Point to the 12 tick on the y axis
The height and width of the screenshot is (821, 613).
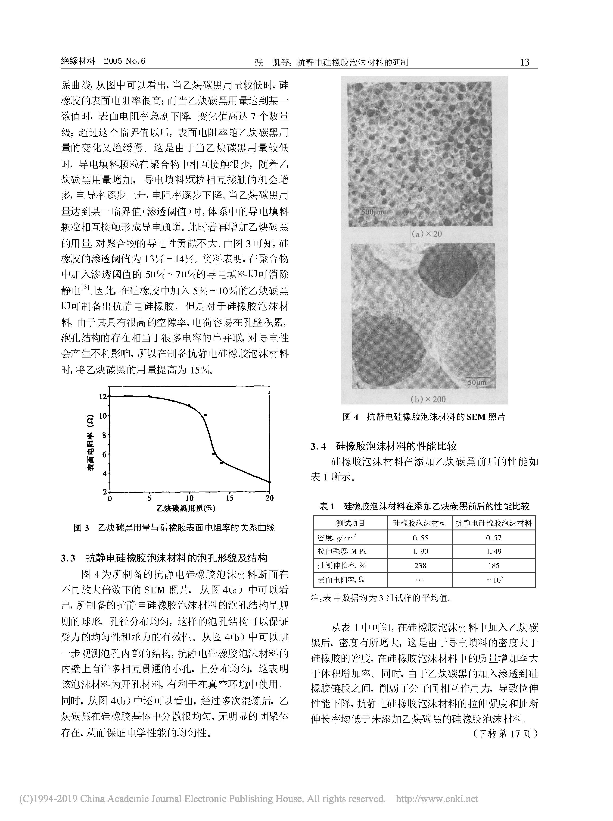pos(103,396)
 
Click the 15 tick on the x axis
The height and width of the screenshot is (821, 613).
pos(230,498)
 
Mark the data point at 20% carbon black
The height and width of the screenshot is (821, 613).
pos(269,482)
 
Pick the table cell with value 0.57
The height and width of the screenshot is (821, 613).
pos(494,537)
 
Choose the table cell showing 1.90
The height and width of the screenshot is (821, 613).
pos(420,552)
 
